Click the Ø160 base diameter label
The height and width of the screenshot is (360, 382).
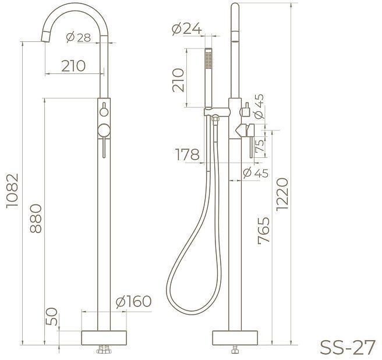(133, 301)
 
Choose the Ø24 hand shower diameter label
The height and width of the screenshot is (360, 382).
(186, 27)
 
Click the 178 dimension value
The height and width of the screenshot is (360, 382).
(186, 154)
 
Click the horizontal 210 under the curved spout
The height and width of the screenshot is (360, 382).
(73, 65)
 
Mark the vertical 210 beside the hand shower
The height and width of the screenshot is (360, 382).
(178, 80)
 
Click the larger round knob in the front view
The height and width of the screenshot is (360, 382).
(104, 129)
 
